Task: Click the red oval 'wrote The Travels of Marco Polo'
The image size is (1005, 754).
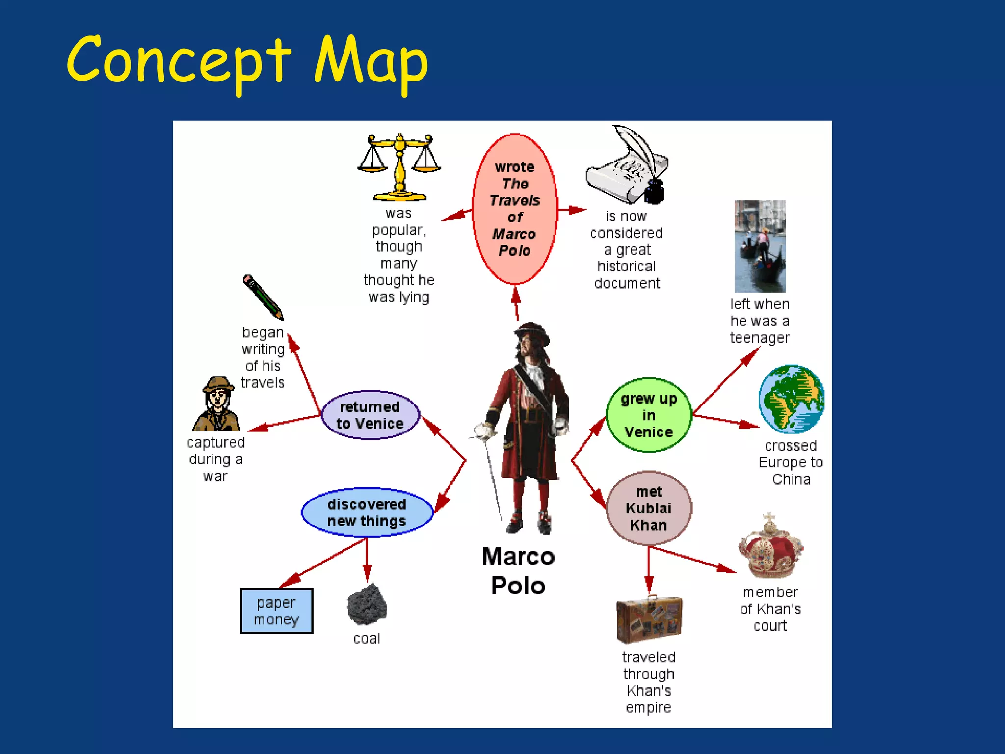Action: pos(515,209)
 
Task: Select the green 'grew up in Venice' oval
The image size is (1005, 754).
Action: pos(649,415)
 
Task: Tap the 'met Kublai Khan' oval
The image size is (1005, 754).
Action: pos(649,509)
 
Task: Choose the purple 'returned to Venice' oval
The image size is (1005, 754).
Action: pos(370,415)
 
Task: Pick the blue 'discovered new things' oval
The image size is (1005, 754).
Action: pos(367,512)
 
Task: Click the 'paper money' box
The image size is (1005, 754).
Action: pos(276,611)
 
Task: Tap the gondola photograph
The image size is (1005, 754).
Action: pos(760,246)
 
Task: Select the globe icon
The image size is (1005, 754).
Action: pos(791,399)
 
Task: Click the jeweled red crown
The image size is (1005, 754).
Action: pos(770,547)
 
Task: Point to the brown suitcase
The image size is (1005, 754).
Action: pos(649,619)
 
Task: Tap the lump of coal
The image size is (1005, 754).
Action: pos(367,605)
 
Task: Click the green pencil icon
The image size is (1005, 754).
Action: pos(263,297)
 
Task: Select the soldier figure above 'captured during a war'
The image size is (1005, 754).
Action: pos(216,404)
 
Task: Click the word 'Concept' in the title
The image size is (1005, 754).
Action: pos(179,61)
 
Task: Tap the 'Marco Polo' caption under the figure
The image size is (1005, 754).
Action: pos(518,571)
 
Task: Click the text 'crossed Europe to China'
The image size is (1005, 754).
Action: pos(791,462)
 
